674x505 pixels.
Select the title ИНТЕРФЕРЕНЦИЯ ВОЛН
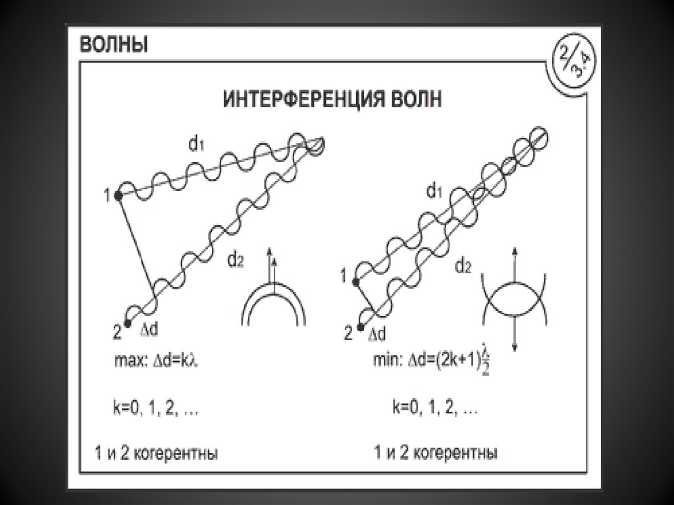click(334, 99)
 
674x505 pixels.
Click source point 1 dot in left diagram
click(118, 195)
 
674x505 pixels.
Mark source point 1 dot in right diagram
click(357, 281)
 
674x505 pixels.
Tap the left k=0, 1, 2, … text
click(155, 408)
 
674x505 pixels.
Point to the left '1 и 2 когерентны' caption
click(155, 454)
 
